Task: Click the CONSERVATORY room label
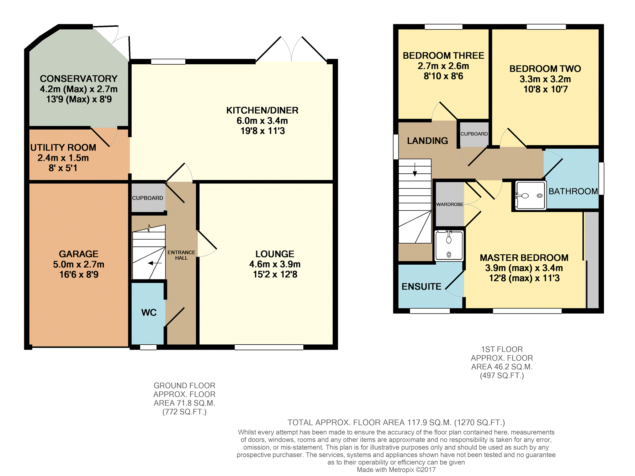(79, 79)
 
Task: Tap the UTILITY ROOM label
(63, 147)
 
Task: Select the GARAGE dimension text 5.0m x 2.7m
(79, 264)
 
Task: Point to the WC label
(149, 312)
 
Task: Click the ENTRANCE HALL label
(181, 255)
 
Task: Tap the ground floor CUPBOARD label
(147, 198)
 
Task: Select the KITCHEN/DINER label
(262, 110)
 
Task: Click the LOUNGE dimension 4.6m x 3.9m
(275, 264)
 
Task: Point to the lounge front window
(269, 347)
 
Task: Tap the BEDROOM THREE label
(443, 56)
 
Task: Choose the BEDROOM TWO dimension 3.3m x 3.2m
(545, 79)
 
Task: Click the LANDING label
(427, 141)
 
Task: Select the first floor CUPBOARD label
(474, 134)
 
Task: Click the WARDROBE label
(450, 204)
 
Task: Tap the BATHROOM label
(573, 191)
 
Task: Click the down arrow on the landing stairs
(415, 169)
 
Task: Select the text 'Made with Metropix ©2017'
(396, 470)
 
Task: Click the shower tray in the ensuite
(449, 246)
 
